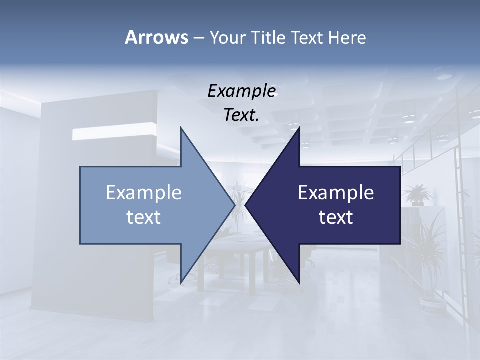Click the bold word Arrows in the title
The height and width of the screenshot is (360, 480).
coord(156,37)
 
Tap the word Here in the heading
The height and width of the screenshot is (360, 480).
coord(347,37)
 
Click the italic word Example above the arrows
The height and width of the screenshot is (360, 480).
coord(241,91)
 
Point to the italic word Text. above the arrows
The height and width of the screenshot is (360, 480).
coord(241,115)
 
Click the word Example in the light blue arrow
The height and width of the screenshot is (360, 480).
coord(144,192)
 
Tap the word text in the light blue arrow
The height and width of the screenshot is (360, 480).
coord(144,217)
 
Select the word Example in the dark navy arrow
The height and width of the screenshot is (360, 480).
coord(336,192)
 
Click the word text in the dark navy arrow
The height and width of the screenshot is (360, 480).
coord(336,217)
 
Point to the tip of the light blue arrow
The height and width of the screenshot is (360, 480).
coord(234,205)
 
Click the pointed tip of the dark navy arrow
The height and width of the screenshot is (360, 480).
coord(246,205)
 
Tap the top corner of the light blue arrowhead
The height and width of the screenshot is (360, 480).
coord(181,128)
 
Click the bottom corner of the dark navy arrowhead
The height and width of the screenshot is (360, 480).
coord(299,283)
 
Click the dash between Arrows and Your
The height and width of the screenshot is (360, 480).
coord(198,38)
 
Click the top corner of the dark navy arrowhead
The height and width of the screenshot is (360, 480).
coord(299,128)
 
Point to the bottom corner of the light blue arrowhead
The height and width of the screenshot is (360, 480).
coord(181,283)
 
